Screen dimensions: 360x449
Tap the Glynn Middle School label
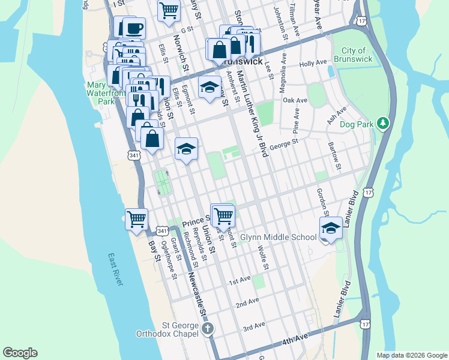click(278, 237)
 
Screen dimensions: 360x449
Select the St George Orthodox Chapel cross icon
click(208, 328)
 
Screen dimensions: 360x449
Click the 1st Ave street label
click(240, 280)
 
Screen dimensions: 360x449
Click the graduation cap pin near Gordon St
click(330, 228)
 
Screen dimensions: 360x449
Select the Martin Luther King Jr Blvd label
click(252, 114)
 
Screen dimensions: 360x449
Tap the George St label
click(284, 144)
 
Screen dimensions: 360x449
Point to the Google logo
click(20, 353)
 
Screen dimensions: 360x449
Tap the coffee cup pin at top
click(134, 28)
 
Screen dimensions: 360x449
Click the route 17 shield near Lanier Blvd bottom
click(365, 323)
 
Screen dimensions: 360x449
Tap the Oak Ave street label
click(295, 100)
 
